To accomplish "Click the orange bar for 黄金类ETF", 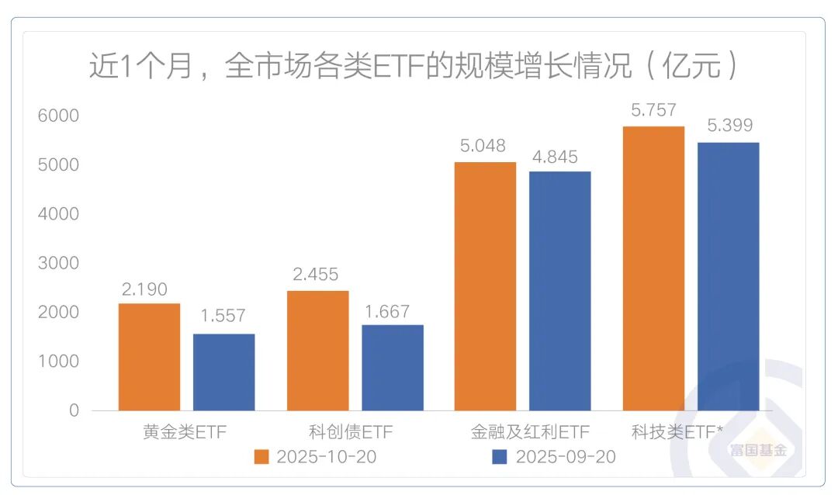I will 149,356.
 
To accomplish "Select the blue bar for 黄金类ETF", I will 223,372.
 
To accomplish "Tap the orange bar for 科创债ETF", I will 317,350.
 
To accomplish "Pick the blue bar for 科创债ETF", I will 392,367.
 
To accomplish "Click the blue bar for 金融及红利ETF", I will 559,290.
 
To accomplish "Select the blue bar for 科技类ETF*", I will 728,276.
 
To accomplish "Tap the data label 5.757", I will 653,111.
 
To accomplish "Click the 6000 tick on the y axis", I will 58,116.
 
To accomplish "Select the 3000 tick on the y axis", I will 58,263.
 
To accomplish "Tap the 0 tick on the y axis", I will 74,410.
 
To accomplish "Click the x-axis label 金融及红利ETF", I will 530,431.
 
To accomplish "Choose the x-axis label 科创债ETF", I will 345,431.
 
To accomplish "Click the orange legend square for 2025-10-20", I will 261,456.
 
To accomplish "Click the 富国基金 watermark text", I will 757,450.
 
